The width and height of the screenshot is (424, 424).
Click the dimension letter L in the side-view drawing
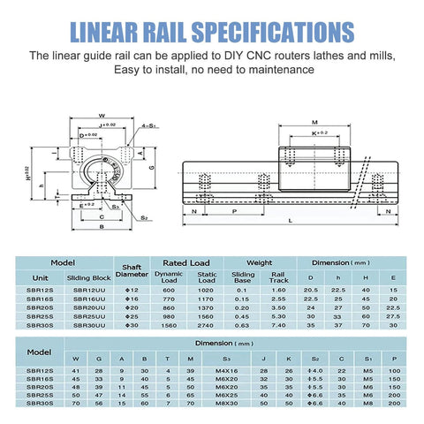(x=291, y=220)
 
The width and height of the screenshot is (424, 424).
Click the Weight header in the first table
(x=259, y=262)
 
